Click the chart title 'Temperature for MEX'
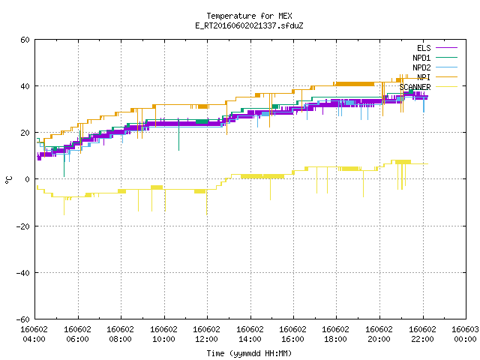click(249, 16)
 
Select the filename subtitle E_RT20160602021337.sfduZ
click(249, 25)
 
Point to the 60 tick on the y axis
click(25, 40)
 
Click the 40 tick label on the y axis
click(25, 86)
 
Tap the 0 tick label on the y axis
click(27, 179)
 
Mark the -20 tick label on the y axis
click(23, 226)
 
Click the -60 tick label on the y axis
click(23, 319)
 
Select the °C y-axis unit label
click(8, 180)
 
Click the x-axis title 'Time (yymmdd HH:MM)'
click(249, 353)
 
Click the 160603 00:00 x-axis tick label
click(465, 334)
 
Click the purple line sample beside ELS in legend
click(447, 48)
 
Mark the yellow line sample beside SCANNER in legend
click(447, 87)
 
